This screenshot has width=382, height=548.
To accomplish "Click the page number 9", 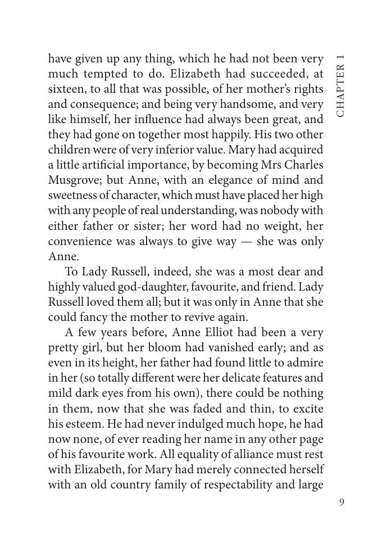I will click(342, 502).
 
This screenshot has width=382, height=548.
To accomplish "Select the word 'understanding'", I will click(218, 211).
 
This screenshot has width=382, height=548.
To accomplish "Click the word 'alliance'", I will click(260, 454).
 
